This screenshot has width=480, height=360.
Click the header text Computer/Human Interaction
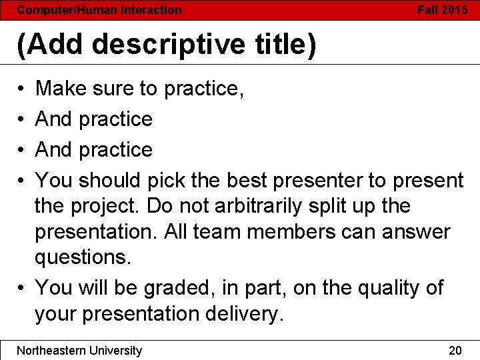[x=99, y=10]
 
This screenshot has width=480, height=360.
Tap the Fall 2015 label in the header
[x=442, y=10]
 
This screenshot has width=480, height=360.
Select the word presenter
[x=312, y=180]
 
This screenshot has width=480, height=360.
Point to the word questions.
[x=83, y=257]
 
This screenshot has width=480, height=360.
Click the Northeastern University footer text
[x=79, y=350]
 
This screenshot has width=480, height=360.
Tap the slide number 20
[x=455, y=350]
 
